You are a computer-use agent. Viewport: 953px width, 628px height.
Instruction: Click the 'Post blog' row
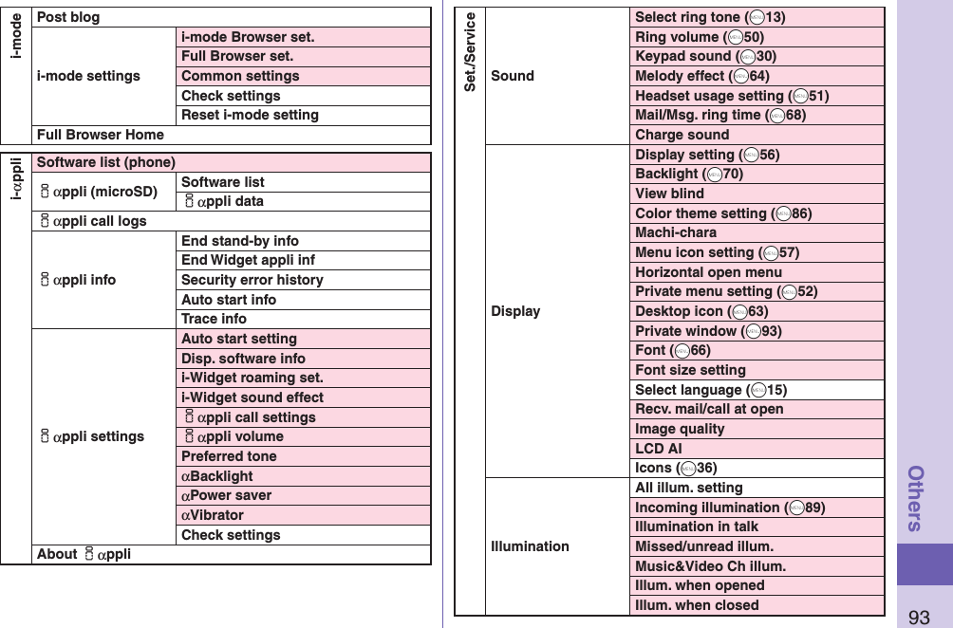pyautogui.click(x=68, y=17)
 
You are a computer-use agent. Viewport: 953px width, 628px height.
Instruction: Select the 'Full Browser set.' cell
pyautogui.click(x=237, y=56)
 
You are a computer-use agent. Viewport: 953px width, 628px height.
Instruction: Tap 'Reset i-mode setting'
pyautogui.click(x=250, y=115)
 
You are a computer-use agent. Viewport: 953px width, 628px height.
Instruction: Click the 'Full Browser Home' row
pyautogui.click(x=100, y=135)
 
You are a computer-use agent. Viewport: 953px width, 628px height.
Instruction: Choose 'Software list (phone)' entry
pyautogui.click(x=105, y=162)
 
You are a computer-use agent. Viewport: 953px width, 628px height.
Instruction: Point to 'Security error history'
pyautogui.click(x=252, y=280)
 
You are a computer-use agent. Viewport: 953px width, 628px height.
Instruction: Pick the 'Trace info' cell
pyautogui.click(x=214, y=319)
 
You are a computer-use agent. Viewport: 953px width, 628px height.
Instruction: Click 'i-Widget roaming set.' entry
pyautogui.click(x=252, y=378)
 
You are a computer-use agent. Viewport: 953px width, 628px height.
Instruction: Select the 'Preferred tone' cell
pyautogui.click(x=229, y=456)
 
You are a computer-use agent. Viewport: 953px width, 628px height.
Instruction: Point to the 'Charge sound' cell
pyautogui.click(x=682, y=135)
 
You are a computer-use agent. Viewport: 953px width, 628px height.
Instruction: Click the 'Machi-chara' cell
pyautogui.click(x=675, y=232)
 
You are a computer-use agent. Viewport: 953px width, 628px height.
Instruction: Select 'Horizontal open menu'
pyautogui.click(x=708, y=272)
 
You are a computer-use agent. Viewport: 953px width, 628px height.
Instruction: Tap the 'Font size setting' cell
pyautogui.click(x=690, y=370)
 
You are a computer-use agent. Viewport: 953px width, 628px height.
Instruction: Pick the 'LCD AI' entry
pyautogui.click(x=658, y=448)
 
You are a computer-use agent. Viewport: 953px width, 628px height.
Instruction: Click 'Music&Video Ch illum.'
pyautogui.click(x=710, y=566)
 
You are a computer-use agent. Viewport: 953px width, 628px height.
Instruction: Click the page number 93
pyautogui.click(x=919, y=618)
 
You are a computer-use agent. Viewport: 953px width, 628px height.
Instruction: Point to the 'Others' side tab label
pyautogui.click(x=918, y=498)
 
